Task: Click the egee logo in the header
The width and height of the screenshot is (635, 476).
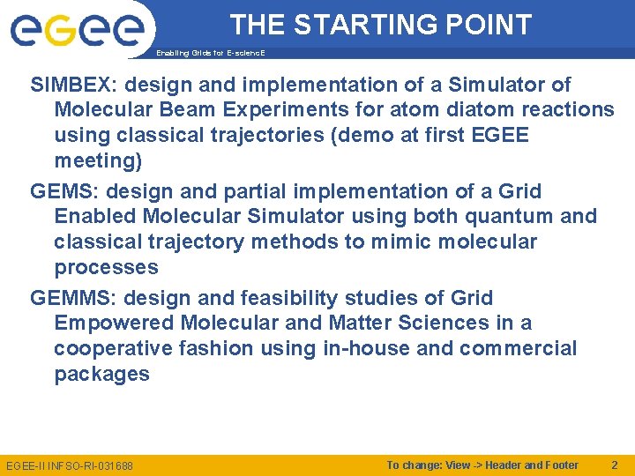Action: pos(77,32)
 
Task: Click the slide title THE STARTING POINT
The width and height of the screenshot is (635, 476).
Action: pos(381,25)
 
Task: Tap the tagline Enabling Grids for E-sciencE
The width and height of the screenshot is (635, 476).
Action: pos(210,53)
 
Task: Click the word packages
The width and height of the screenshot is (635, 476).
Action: pos(101,374)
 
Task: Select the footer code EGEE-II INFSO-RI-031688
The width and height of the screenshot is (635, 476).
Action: pos(70,465)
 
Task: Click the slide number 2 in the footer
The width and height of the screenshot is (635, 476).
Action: pos(615,465)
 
